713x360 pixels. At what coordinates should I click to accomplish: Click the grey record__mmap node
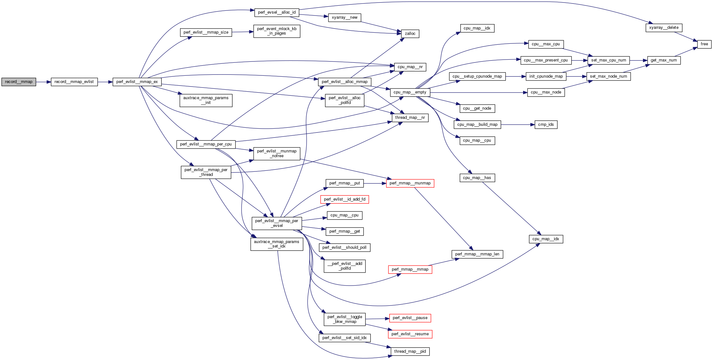(x=19, y=82)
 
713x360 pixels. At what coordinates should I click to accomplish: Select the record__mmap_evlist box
(x=74, y=82)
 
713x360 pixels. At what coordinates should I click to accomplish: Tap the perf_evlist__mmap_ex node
(x=137, y=82)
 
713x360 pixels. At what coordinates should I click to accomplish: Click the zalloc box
(x=410, y=34)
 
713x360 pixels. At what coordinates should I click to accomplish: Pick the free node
(x=704, y=44)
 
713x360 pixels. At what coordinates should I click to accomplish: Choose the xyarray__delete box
(x=664, y=28)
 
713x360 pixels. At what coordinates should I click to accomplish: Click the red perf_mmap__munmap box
(x=410, y=183)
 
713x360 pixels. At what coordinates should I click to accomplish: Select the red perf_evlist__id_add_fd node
(x=345, y=199)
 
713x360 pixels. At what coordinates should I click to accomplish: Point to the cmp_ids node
(x=546, y=125)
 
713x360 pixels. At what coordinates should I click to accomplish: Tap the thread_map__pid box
(x=410, y=351)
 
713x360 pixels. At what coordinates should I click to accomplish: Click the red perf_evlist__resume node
(x=410, y=334)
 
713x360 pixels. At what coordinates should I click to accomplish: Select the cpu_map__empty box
(x=410, y=92)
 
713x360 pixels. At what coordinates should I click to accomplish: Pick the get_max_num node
(x=664, y=60)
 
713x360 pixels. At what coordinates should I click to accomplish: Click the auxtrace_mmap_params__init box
(x=206, y=100)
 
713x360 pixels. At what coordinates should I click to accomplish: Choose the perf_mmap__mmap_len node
(x=477, y=254)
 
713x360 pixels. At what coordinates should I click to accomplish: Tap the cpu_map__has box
(x=477, y=178)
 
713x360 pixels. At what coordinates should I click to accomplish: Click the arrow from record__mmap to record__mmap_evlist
(x=43, y=82)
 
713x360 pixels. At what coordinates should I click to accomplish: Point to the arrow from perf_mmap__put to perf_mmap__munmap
(x=375, y=183)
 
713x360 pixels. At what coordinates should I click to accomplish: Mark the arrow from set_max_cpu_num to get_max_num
(x=638, y=60)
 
